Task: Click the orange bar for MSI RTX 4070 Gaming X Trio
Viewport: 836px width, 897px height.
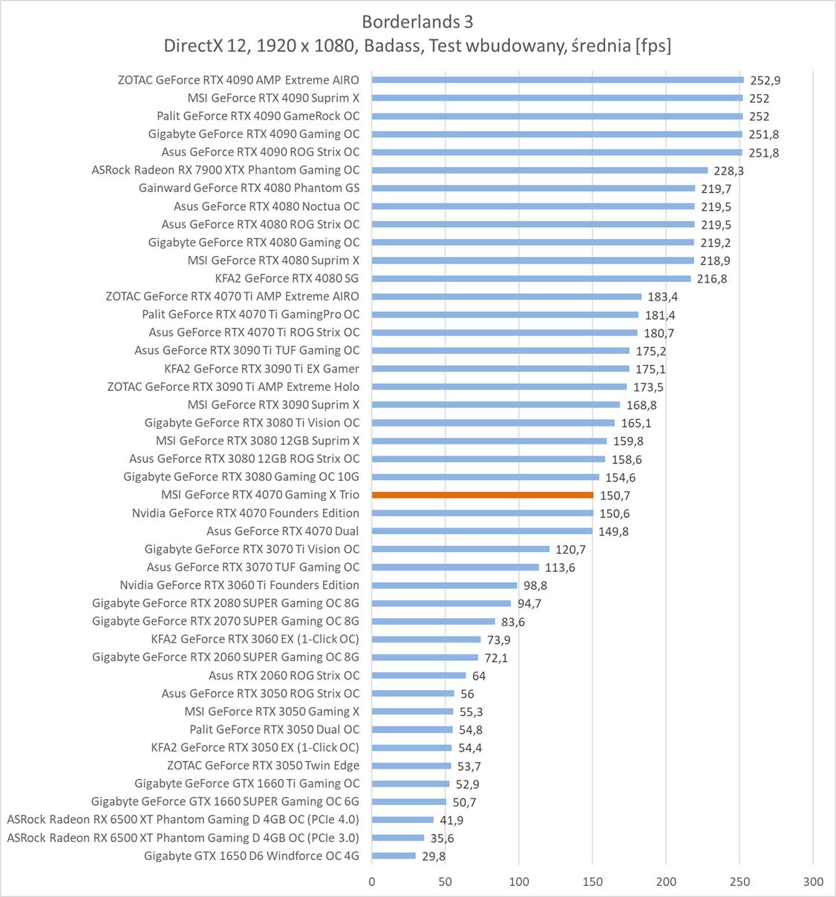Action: coord(483,495)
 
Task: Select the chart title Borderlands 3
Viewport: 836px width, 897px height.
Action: coord(417,21)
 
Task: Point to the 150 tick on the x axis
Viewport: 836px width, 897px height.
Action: coord(592,881)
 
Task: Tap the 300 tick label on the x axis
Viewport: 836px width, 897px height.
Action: coord(813,881)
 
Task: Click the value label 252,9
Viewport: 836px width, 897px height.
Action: coord(765,80)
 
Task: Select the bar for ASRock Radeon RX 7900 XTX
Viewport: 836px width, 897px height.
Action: coord(539,170)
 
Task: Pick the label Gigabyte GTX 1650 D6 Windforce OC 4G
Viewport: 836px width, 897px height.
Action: coord(252,856)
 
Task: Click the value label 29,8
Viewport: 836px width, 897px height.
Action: coord(434,857)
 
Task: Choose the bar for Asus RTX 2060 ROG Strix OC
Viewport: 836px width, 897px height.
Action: coord(419,675)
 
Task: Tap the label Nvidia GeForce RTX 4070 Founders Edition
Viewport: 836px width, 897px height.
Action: coord(246,513)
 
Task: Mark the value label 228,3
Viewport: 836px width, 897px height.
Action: coord(728,171)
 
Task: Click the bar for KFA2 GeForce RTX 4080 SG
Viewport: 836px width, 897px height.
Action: coord(531,278)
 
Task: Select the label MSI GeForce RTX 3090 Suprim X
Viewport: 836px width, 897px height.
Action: coord(273,405)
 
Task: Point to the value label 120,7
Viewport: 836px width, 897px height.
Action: coord(571,550)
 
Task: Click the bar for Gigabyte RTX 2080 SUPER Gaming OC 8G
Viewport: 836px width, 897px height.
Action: coord(441,603)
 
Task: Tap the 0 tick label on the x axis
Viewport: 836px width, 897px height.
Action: coord(372,881)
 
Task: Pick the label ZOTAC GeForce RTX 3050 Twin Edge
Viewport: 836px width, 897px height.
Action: coord(263,766)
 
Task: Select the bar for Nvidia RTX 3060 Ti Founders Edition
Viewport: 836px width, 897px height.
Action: coord(444,585)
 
